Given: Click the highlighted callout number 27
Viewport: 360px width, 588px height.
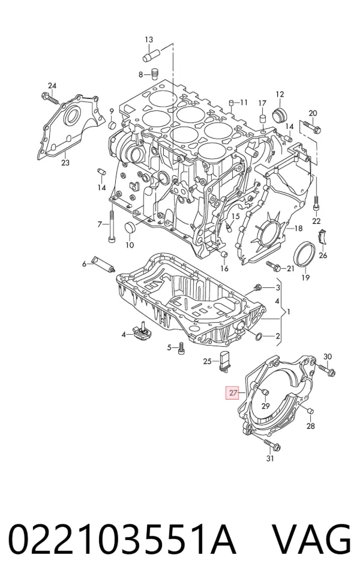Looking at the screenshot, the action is [233, 392].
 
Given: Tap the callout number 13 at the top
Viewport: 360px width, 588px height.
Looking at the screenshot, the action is [149, 40].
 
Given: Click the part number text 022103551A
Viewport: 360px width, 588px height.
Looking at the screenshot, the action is [122, 539].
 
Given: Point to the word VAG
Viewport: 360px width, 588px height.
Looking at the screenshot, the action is [311, 539].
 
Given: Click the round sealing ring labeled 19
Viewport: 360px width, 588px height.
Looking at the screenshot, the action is [304, 254].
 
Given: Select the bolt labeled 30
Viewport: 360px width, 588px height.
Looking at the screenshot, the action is [326, 370].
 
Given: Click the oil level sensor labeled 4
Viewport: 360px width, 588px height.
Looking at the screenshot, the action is [141, 331].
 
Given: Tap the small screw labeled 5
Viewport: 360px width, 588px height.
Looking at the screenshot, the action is [181, 347].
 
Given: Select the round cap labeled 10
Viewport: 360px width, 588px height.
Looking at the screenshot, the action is [130, 227].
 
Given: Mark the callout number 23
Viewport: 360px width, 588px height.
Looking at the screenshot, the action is [65, 163].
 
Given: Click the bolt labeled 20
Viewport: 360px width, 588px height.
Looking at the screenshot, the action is [311, 127].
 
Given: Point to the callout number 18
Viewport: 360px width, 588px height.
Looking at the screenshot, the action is [298, 229].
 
